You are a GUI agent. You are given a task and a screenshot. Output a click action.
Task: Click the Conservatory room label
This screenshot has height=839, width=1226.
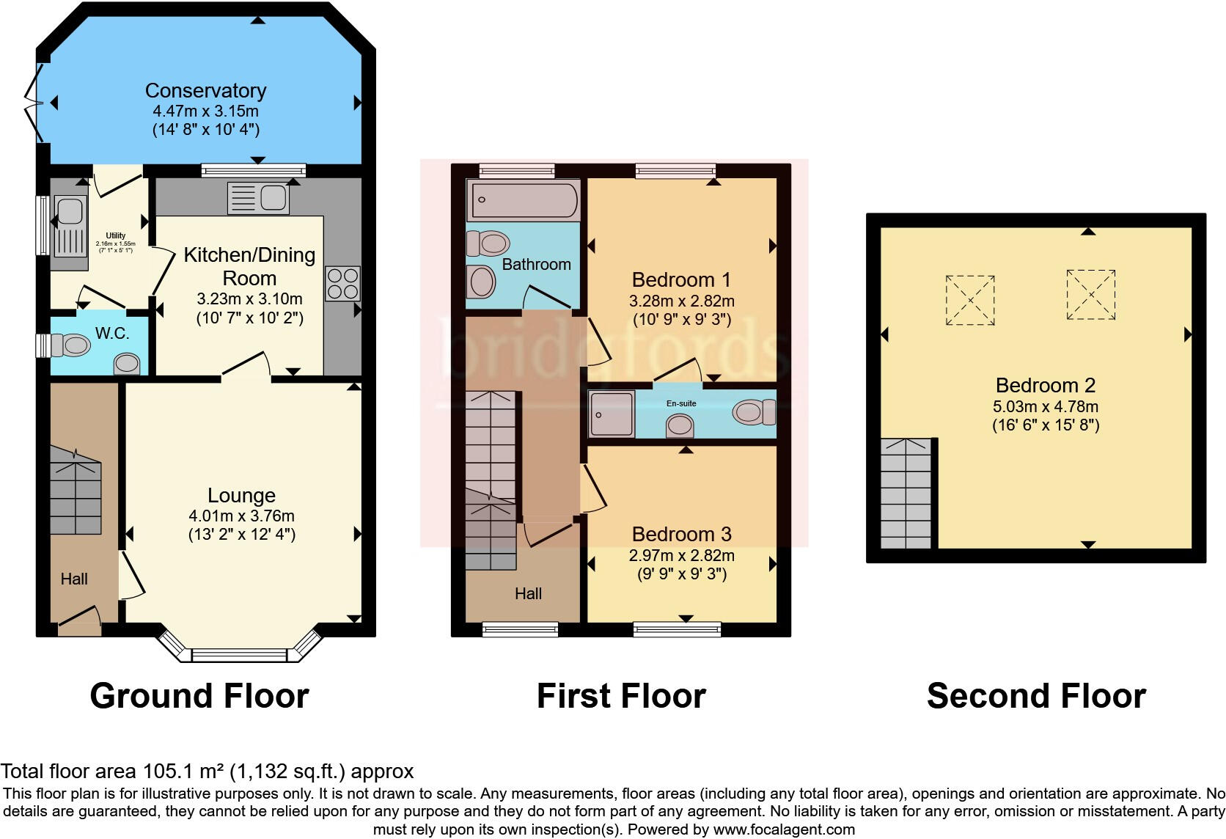click(x=205, y=91)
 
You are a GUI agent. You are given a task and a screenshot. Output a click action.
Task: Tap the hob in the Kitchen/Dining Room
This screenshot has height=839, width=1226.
click(x=342, y=284)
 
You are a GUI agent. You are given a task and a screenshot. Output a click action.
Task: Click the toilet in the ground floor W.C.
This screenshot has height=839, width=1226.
click(x=70, y=344)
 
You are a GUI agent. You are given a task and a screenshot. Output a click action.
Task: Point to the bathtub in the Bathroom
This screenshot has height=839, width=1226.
click(x=524, y=199)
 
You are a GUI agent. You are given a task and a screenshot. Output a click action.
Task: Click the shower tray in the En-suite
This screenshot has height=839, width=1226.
click(x=612, y=414)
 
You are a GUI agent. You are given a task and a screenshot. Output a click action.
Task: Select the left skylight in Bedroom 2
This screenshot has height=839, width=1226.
click(x=970, y=300)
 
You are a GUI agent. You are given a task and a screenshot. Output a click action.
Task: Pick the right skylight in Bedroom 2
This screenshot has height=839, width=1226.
click(x=1090, y=295)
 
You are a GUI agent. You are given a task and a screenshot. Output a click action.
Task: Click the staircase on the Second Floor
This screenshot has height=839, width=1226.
click(x=906, y=494)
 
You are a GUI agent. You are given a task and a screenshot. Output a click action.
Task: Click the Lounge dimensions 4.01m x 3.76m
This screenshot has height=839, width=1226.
click(x=241, y=516)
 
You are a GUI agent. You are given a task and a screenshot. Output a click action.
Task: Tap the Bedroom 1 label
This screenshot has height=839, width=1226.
click(x=681, y=280)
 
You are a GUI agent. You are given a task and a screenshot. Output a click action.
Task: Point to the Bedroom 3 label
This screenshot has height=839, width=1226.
click(x=681, y=535)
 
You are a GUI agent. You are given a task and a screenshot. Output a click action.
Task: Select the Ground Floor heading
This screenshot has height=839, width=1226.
click(x=199, y=696)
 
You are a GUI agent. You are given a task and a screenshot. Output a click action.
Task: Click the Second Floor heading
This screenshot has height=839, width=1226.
click(x=1036, y=696)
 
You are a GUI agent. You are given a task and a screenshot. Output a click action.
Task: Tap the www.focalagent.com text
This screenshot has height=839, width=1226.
click(x=784, y=829)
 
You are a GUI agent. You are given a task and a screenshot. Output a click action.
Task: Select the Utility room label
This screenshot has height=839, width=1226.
click(x=116, y=236)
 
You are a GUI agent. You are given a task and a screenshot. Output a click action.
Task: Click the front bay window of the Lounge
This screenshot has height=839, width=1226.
click(x=241, y=655)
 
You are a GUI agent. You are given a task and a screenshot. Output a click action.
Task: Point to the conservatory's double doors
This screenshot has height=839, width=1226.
click(x=32, y=104)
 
